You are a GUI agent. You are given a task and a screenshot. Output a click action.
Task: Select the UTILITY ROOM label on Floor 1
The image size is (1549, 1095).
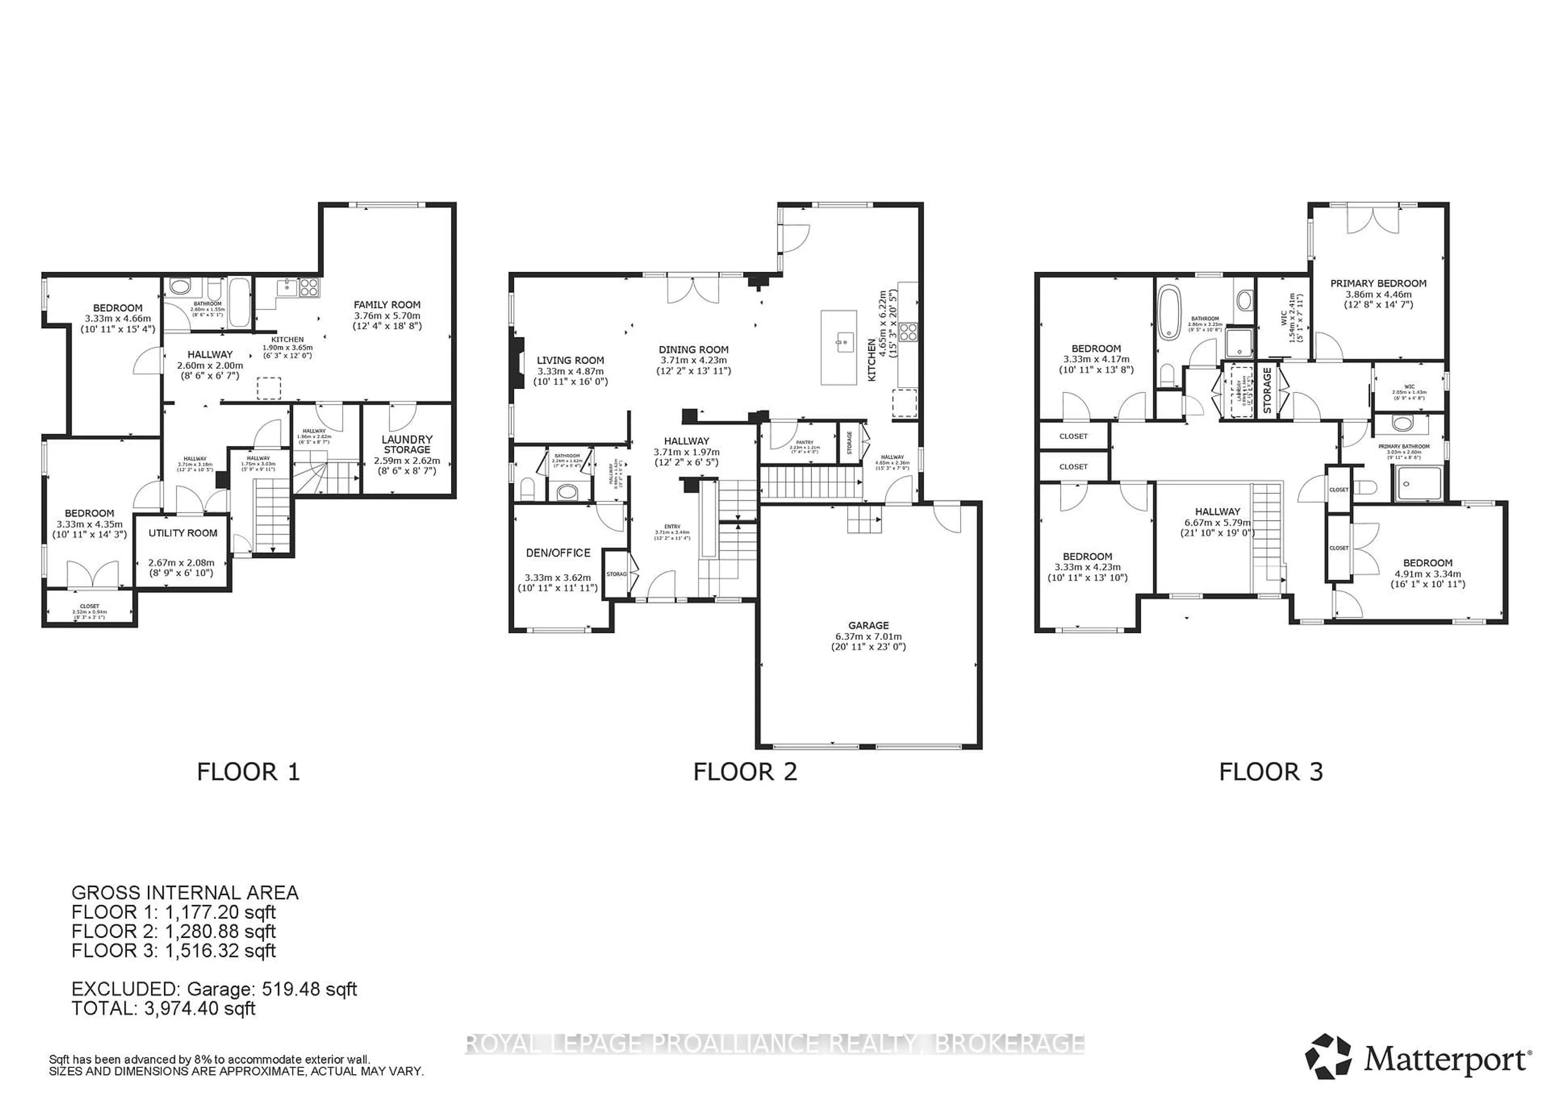tap(183, 533)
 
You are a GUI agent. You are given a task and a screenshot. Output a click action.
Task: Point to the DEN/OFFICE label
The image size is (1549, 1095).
tap(558, 553)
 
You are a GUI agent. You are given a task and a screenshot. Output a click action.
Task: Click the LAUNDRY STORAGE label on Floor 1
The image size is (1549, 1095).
tap(407, 444)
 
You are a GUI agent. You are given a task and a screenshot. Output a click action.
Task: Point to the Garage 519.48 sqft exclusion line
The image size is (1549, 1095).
tap(214, 989)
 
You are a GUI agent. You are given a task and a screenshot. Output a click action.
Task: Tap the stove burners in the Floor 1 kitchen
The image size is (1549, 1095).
tap(309, 287)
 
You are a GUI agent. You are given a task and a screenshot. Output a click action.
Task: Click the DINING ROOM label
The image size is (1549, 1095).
tap(693, 349)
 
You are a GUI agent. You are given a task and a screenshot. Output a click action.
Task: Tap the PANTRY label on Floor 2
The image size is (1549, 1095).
tap(805, 442)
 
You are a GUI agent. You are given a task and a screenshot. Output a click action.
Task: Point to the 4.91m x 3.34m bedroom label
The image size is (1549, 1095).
tap(1428, 574)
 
